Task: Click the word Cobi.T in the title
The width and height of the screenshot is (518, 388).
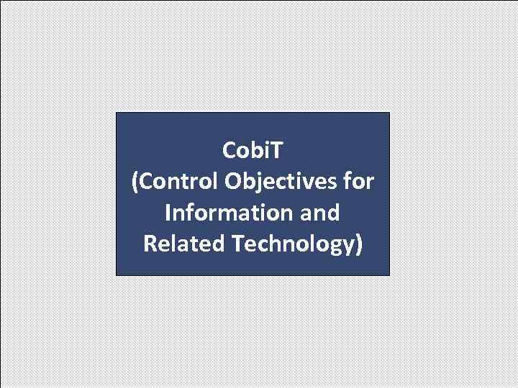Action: coord(253,151)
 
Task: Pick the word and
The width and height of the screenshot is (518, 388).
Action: coord(321,213)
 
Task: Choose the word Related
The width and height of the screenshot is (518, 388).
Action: coord(184,244)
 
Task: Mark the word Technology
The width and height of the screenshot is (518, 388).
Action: coord(292,244)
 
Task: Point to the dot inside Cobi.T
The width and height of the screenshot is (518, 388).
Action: coord(268,157)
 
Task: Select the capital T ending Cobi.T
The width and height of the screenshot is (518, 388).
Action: coord(277,151)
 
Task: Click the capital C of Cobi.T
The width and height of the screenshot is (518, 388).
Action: coord(230,151)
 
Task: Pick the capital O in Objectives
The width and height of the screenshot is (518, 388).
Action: coord(232,182)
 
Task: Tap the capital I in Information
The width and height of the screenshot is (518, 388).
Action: coord(168,213)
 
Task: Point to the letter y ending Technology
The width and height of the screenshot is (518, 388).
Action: coord(347,246)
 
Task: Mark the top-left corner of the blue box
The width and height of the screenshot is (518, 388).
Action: coord(117,113)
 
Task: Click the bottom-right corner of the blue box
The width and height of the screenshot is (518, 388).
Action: coord(388,275)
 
